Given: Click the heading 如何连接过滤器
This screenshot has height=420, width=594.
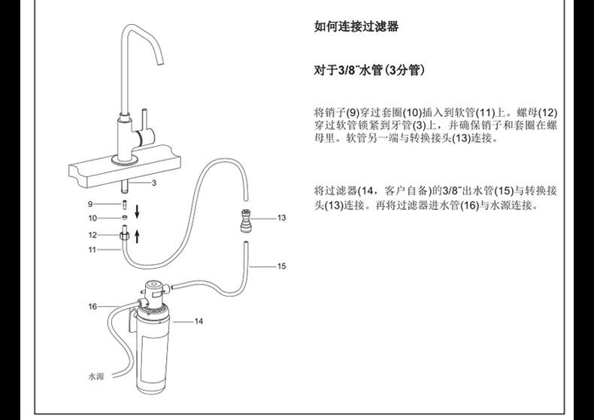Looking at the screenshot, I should click(356, 27).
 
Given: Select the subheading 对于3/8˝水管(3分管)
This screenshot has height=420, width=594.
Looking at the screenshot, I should click(370, 72).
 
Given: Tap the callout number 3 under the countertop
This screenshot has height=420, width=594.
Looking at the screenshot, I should click(153, 183).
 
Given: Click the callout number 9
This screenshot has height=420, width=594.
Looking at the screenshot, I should click(90, 204).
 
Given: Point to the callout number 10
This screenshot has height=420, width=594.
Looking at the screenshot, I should click(92, 218).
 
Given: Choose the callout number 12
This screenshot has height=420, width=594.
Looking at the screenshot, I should click(92, 235).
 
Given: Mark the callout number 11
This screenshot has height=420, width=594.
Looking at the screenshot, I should click(92, 249).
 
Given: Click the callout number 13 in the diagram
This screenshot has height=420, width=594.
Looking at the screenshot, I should click(282, 218).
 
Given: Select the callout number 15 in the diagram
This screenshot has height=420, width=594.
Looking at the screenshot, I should click(282, 266).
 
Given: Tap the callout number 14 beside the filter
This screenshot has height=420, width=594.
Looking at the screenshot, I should click(199, 321).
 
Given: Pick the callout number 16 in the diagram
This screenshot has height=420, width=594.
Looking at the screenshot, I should click(92, 306).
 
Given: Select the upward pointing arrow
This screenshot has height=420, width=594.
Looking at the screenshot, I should click(137, 236).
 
